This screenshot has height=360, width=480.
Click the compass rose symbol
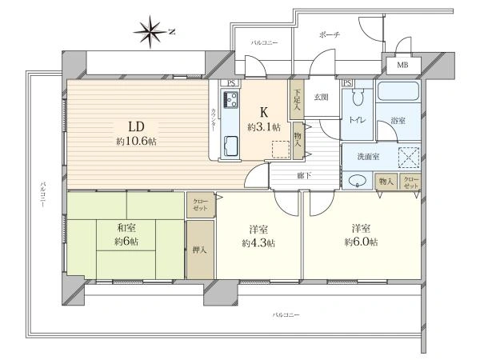click(x=150, y=32)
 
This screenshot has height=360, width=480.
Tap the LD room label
click(x=136, y=126)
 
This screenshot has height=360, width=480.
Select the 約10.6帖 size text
click(x=137, y=142)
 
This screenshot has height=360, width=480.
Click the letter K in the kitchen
click(x=264, y=113)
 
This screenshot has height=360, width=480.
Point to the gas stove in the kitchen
click(x=230, y=99)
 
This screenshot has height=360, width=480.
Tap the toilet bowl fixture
click(x=358, y=97)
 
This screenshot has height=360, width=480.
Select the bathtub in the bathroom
click(x=398, y=90)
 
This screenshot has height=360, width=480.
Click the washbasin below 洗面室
click(x=357, y=180)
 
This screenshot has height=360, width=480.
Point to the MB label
click(x=402, y=65)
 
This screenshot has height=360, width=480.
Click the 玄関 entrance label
click(x=321, y=97)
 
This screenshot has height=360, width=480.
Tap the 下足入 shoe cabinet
click(x=297, y=99)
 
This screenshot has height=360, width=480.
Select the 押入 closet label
click(x=199, y=250)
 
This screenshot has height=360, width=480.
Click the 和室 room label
click(x=126, y=228)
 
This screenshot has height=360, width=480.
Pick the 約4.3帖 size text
click(x=258, y=243)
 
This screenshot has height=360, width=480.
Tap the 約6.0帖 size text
click(x=361, y=242)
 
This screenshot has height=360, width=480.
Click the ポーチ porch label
click(x=330, y=34)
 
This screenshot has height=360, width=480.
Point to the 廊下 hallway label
click(x=304, y=176)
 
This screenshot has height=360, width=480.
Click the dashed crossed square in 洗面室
click(x=409, y=158)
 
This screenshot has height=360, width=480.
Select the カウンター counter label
click(x=214, y=120)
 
